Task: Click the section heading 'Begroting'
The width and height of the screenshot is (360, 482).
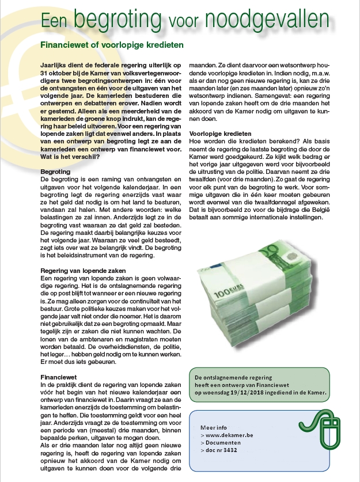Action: tap(55, 172)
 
